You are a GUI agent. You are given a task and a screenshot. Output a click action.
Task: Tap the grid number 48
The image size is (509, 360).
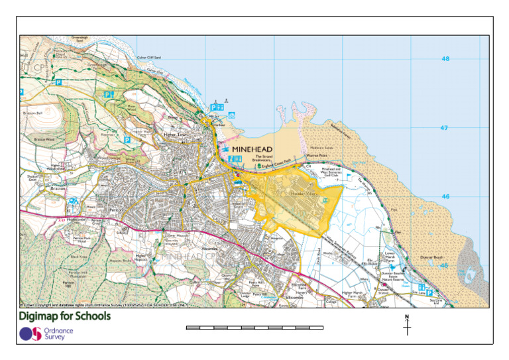(x=445, y=59)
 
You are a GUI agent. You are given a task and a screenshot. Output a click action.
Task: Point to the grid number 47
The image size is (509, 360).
(x=445, y=128)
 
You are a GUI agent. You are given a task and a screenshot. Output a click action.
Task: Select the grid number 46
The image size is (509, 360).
(x=445, y=197)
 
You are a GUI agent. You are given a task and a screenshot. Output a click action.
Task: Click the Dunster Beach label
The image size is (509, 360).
(x=432, y=257)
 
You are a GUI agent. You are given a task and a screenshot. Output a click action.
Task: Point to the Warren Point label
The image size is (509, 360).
(x=317, y=156)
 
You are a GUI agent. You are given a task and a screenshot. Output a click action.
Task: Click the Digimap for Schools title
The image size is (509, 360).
(x=65, y=316)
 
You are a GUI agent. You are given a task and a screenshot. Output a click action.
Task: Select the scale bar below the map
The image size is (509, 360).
(x=254, y=328)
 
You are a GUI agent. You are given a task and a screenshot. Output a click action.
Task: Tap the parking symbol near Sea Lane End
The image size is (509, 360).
(x=429, y=292)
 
